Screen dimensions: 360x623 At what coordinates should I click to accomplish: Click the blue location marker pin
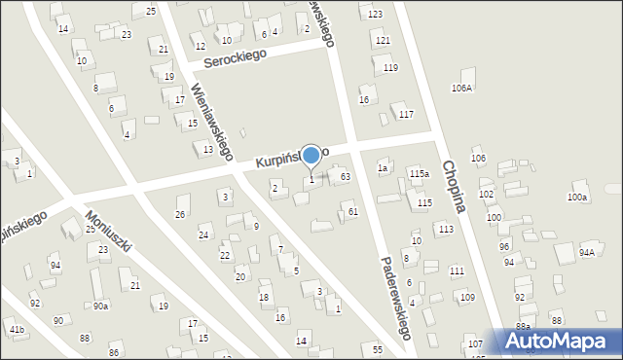point(311,155)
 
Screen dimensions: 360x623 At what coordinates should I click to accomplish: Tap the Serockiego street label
point(235,59)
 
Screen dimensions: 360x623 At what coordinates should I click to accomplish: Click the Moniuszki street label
point(108,232)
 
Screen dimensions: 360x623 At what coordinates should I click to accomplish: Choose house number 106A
point(461,88)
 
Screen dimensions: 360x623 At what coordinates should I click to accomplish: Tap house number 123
point(376,14)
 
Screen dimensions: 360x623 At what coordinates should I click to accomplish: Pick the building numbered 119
point(390,67)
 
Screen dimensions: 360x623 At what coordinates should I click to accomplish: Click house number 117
point(406,115)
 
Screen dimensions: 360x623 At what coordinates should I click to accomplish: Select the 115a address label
point(419,173)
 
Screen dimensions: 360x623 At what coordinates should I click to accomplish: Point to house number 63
point(345,176)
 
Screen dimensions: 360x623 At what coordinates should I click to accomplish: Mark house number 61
point(352,211)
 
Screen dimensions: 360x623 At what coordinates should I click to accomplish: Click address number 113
point(445,229)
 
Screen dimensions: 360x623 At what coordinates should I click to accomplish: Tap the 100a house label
point(578,198)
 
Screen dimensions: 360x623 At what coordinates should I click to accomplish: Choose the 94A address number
point(586,252)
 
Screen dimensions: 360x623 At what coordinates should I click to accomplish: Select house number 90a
point(100,306)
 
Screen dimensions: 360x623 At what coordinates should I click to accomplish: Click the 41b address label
point(17,331)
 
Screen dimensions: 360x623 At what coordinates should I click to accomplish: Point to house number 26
point(179,214)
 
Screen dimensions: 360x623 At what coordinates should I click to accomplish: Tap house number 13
point(207,150)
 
